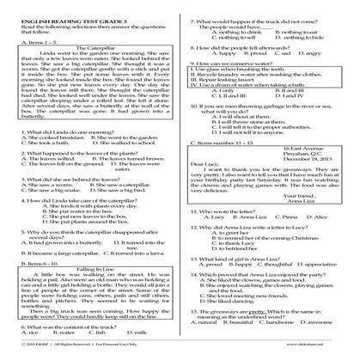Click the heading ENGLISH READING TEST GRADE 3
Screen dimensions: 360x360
pyautogui.click(x=68, y=9)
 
